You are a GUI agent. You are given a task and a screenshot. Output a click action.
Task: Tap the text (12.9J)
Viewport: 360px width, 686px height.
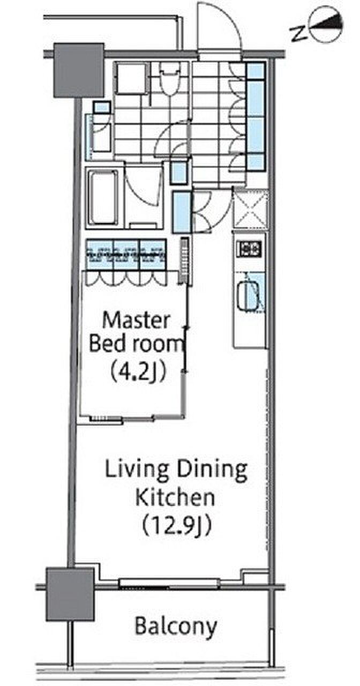point(177,526)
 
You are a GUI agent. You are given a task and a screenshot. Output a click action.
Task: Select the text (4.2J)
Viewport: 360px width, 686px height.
point(137,372)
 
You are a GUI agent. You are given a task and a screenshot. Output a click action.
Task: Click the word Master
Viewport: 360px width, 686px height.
point(136,320)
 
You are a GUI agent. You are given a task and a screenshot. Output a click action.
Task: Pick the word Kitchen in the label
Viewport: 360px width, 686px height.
point(175,497)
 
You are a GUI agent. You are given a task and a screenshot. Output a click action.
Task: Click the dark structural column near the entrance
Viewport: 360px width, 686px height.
point(79,70)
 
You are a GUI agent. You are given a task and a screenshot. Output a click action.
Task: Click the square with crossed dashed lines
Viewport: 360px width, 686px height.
point(250,209)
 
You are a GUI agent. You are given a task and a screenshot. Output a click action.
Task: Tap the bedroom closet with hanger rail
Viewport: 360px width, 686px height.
point(127,255)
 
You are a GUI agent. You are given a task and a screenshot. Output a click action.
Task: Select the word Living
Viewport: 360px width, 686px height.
point(137,470)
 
